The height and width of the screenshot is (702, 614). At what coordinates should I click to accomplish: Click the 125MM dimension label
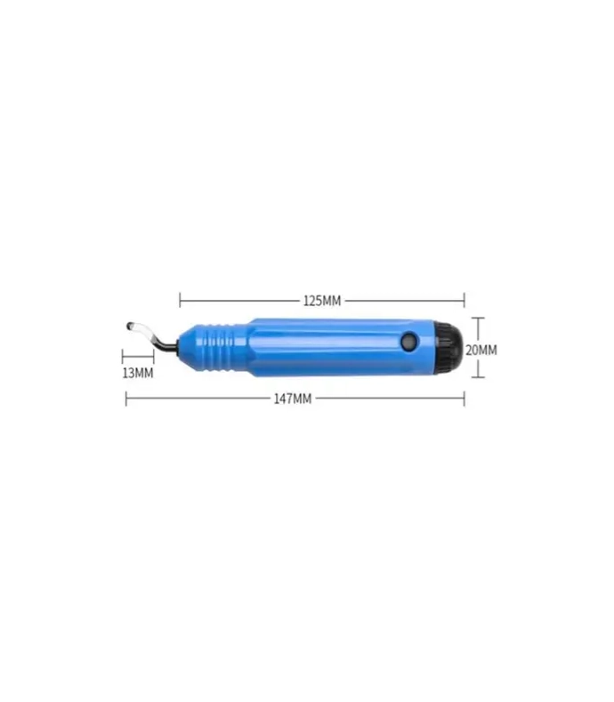321,301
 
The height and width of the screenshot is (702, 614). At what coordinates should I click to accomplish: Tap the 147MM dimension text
292,399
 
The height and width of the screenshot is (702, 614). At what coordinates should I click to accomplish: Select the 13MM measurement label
137,373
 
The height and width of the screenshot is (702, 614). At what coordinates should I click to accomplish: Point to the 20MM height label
481,350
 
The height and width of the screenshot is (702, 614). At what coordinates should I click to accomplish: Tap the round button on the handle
408,341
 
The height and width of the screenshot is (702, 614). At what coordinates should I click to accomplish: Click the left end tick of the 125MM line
180,301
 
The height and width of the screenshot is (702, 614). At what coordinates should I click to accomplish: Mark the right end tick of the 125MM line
464,301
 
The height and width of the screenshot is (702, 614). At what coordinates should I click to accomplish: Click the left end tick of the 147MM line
125,399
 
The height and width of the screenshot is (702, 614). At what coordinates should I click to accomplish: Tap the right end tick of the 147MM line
464,399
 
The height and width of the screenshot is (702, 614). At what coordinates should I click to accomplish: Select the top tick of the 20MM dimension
478,319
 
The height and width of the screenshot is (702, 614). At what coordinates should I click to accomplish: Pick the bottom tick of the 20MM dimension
478,376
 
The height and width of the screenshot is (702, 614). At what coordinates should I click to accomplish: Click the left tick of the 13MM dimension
122,357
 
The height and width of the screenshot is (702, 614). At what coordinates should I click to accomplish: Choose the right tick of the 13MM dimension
153,357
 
